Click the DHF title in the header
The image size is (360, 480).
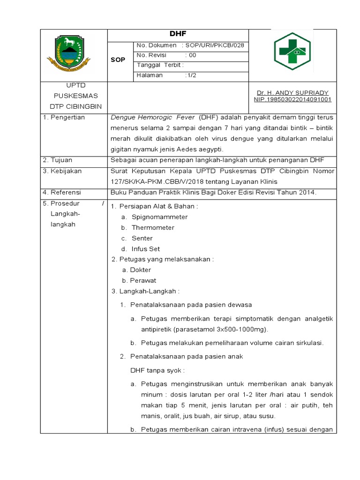point(178,34)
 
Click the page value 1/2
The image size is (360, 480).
point(192,75)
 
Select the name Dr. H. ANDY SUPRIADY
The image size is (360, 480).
point(292,93)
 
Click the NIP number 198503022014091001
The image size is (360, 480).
point(292,99)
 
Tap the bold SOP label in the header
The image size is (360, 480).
point(118,60)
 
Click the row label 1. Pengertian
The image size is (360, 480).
point(64,118)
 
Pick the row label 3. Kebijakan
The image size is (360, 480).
point(62,171)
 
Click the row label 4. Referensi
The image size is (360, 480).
point(62,192)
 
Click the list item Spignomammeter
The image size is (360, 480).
point(159,217)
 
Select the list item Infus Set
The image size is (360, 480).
point(146,249)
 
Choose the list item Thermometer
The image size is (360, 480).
point(153,228)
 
